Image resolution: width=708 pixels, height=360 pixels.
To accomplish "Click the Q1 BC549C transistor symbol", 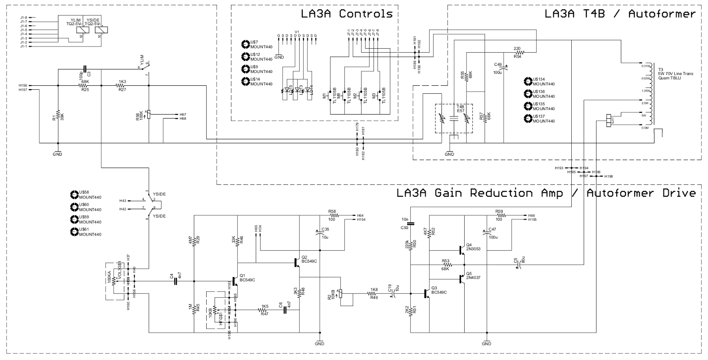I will (233, 281).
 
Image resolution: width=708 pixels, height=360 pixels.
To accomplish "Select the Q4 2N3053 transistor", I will (462, 249).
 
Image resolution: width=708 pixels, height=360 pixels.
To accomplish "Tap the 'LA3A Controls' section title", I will (346, 14).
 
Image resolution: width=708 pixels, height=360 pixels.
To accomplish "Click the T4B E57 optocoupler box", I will (454, 119).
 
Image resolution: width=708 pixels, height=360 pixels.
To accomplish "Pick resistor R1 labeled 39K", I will (58, 117).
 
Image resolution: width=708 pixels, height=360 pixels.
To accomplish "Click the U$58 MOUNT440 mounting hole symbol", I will (74, 195).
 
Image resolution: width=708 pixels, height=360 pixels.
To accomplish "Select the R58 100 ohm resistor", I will (332, 216).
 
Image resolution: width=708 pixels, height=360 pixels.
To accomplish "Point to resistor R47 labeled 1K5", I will (265, 310).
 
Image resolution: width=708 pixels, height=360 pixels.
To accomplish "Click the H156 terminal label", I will (23, 85).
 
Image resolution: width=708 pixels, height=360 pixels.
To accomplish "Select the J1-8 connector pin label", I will (24, 17).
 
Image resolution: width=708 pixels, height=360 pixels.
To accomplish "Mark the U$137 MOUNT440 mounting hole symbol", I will (527, 119).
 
